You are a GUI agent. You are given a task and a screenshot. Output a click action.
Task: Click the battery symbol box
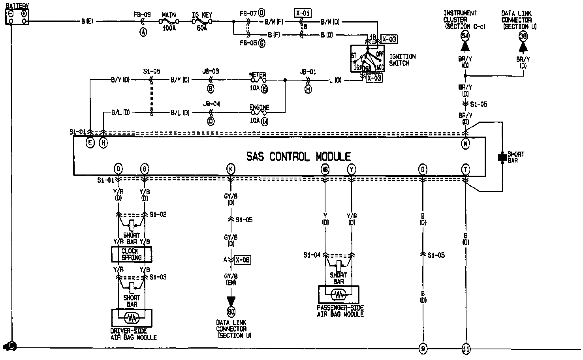click(17, 17)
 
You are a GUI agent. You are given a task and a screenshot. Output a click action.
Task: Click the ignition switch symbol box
click(368, 58)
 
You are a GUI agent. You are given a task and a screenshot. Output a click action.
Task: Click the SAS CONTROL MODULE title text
click(298, 157)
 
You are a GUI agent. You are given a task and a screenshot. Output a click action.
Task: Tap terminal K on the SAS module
click(231, 169)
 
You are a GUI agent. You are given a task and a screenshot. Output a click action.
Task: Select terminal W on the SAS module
click(466, 144)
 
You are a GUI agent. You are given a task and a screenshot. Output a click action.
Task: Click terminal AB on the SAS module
click(325, 169)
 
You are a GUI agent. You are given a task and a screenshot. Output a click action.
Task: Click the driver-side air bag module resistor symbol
click(132, 317)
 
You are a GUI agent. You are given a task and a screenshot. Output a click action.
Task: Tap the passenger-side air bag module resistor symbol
click(339, 294)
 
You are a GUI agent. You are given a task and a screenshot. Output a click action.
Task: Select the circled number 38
click(523, 36)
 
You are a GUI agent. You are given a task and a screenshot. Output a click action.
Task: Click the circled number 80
click(231, 312)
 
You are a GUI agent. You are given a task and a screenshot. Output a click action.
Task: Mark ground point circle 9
click(423, 348)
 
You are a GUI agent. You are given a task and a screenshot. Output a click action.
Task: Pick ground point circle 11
click(466, 348)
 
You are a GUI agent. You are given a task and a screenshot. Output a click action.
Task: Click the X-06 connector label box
click(243, 260)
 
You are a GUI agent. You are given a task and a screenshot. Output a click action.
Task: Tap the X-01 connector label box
click(303, 13)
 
